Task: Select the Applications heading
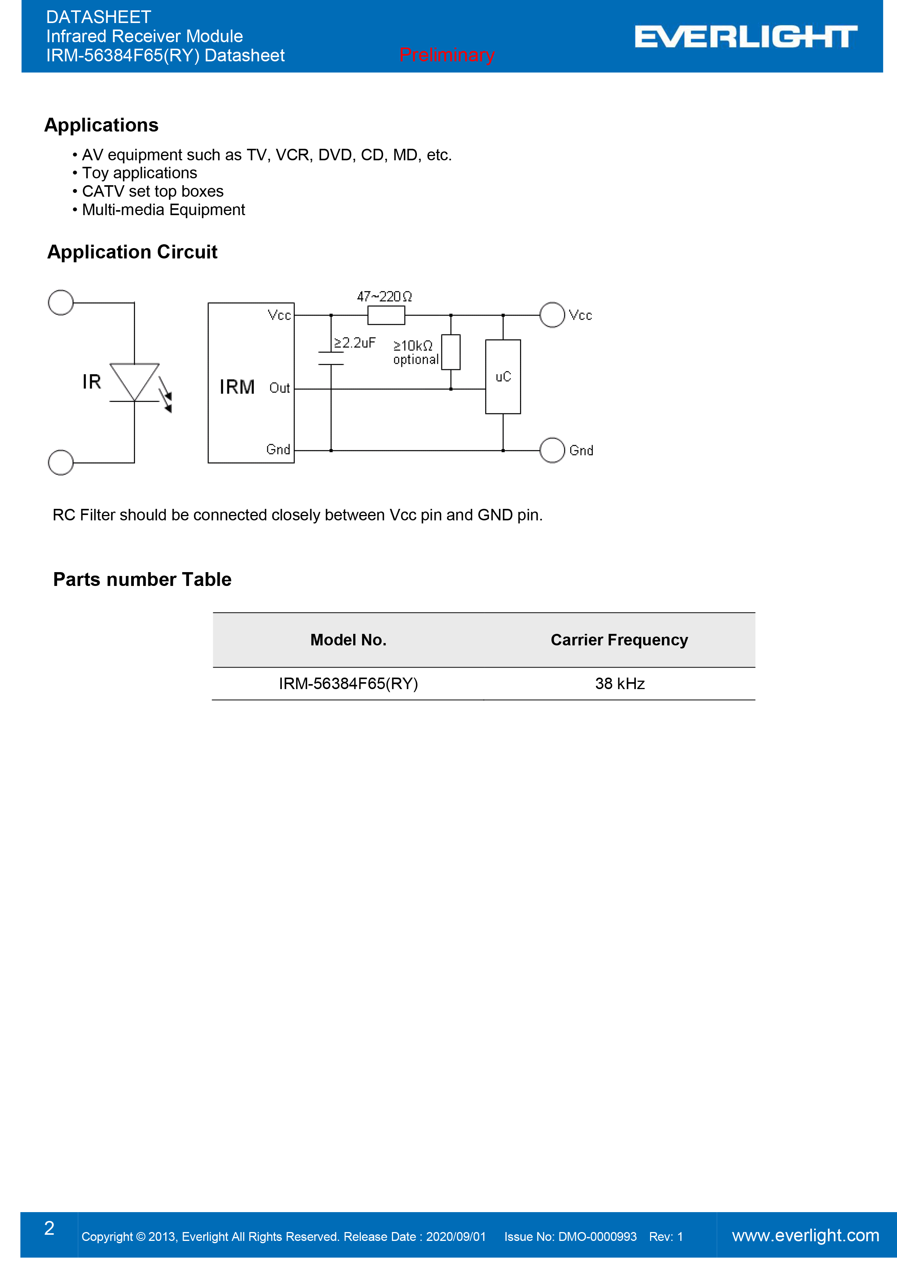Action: pyautogui.click(x=102, y=125)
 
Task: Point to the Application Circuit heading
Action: pyautogui.click(x=132, y=252)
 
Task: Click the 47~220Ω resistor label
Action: pyautogui.click(x=384, y=296)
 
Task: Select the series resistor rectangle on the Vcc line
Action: pyautogui.click(x=386, y=316)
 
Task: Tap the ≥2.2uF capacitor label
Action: pyautogui.click(x=355, y=342)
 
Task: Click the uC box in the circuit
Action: pyautogui.click(x=503, y=377)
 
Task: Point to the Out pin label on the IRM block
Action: pyautogui.click(x=279, y=388)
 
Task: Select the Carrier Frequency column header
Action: pyautogui.click(x=619, y=640)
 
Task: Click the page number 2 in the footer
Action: pyautogui.click(x=49, y=1228)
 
